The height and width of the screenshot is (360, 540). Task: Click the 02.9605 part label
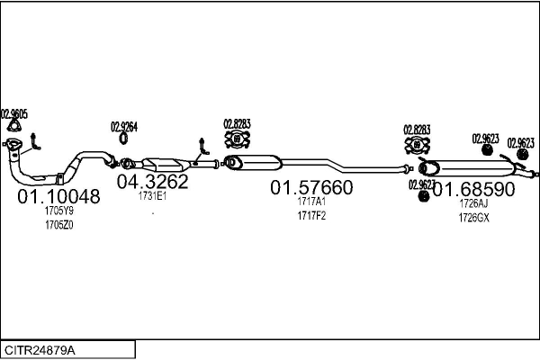pyautogui.click(x=14, y=113)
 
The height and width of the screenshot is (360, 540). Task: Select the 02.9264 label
pyautogui.click(x=124, y=127)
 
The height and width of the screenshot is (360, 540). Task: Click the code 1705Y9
pyautogui.click(x=59, y=211)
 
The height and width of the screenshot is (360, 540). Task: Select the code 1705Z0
pyautogui.click(x=59, y=225)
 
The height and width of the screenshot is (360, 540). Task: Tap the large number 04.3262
pyautogui.click(x=152, y=182)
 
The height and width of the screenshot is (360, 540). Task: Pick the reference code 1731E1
pyautogui.click(x=152, y=195)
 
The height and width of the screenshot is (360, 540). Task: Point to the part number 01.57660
pyautogui.click(x=312, y=188)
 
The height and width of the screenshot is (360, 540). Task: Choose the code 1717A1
pyautogui.click(x=311, y=202)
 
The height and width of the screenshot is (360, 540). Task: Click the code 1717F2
pyautogui.click(x=311, y=216)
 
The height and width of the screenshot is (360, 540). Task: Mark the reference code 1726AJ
pyautogui.click(x=473, y=204)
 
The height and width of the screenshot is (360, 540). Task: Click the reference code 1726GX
pyautogui.click(x=473, y=218)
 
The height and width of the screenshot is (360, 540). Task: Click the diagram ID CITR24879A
pyautogui.click(x=40, y=349)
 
